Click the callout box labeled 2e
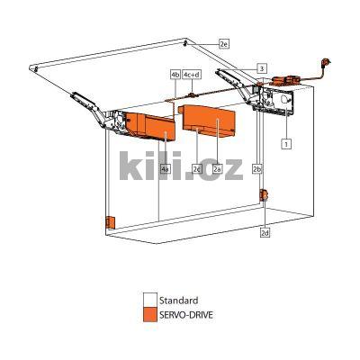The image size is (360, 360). point(224,43)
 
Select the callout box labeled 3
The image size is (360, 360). point(261,67)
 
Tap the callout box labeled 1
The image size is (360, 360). point(285,142)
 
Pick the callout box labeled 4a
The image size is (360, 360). point(165,168)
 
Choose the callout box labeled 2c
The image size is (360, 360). point(196,168)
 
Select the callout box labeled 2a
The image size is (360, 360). point(217,168)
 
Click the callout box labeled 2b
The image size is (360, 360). point(257,168)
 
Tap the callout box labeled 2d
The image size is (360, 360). point(265,232)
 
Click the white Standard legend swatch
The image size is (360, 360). point(149,301)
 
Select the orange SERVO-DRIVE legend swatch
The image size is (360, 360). point(149,315)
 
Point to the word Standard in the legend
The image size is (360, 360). point(178,301)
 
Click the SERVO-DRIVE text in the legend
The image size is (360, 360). point(187,315)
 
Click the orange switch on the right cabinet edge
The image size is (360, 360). point(263,196)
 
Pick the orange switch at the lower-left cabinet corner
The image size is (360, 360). point(108,221)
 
